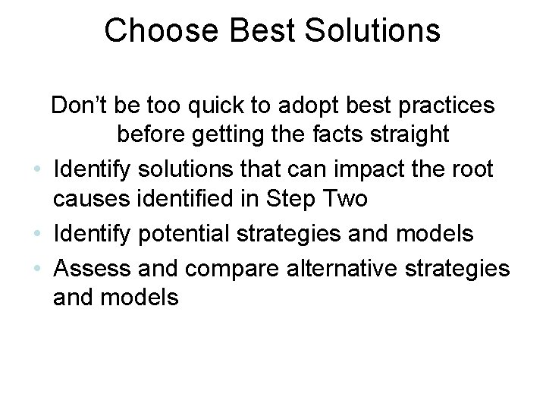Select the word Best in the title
(x=245, y=30)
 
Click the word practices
(x=444, y=106)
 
